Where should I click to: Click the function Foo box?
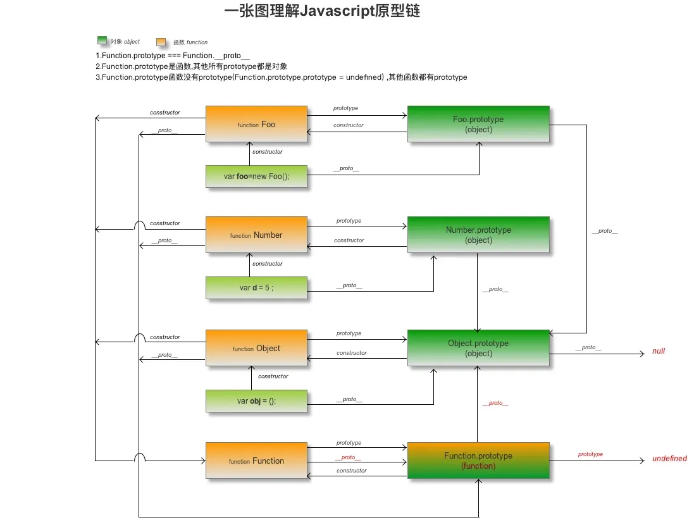tap(256, 124)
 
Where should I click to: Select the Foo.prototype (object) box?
tap(478, 124)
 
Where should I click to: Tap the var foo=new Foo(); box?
tap(256, 176)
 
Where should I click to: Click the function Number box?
tap(256, 235)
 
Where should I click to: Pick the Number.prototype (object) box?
tap(478, 235)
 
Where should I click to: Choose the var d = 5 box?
tap(256, 288)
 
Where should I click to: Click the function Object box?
tap(256, 348)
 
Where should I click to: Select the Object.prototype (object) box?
tap(478, 348)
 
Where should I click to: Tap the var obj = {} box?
tap(256, 401)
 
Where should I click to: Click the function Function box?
tap(256, 461)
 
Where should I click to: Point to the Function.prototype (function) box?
tap(478, 461)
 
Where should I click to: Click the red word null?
tap(659, 351)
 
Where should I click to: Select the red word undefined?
tap(670, 459)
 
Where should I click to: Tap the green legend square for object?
tap(102, 40)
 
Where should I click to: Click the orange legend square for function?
tap(161, 42)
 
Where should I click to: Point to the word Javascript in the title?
tap(337, 10)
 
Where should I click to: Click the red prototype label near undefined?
tap(590, 454)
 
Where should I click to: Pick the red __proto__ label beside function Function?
tap(348, 457)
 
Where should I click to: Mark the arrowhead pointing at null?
tap(643, 354)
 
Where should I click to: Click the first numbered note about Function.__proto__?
tap(173, 55)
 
